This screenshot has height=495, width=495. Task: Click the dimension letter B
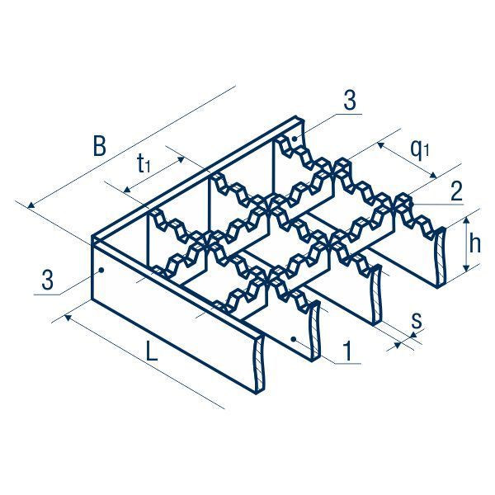pos(99,148)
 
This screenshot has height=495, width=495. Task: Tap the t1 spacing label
pos(143,164)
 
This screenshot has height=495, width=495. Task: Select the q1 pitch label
pos(420,148)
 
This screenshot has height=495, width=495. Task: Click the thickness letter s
pos(416,320)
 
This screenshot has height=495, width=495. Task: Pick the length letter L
pos(151,353)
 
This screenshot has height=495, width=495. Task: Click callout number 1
pos(349,352)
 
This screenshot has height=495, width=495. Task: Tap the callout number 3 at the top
pos(349,101)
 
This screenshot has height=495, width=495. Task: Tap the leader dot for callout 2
pos(407,200)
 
